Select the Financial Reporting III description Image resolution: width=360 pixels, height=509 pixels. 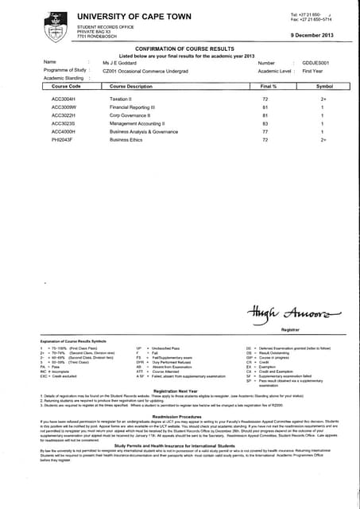coord(135,107)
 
